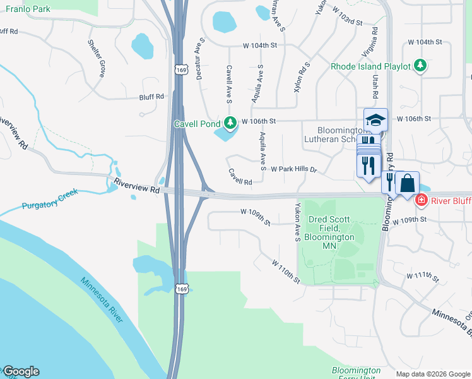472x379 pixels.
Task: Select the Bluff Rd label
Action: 151,97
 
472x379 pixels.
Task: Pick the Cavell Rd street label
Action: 240,177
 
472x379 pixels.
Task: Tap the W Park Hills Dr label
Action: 293,170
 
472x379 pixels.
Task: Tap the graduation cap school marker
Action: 375,119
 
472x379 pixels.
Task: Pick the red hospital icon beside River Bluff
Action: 421,200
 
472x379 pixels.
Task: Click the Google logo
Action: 21,371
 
